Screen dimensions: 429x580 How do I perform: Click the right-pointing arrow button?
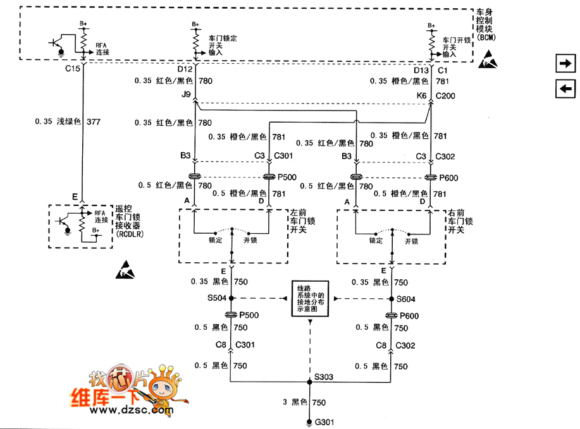565,63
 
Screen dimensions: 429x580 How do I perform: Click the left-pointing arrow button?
565,89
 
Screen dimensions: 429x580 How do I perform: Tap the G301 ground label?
322,422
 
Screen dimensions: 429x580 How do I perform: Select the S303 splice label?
324,377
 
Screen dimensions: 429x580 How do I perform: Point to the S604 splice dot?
390,298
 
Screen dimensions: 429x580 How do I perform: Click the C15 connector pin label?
73,69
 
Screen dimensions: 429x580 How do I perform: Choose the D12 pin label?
185,69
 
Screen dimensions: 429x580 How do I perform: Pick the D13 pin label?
421,71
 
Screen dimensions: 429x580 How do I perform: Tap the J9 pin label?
186,94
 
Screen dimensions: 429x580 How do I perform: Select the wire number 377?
94,121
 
